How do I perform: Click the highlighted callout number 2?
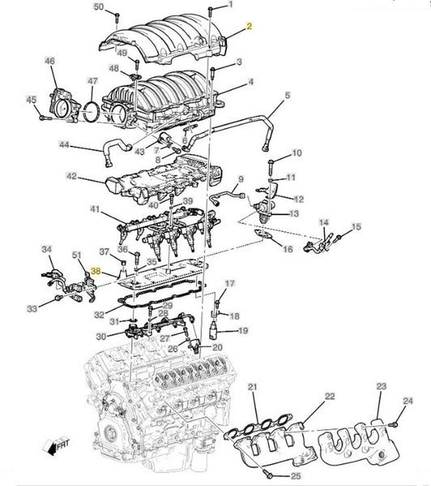click(x=250, y=26)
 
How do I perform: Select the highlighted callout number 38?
click(x=96, y=271)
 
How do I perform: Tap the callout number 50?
click(x=99, y=6)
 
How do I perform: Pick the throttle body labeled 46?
click(x=65, y=104)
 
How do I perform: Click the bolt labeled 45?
click(x=45, y=118)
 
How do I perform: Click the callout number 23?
click(x=382, y=386)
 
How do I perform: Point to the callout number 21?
click(x=253, y=386)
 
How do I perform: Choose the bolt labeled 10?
click(x=271, y=168)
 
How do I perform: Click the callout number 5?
click(x=288, y=95)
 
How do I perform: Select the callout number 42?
click(x=71, y=176)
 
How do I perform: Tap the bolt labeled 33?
click(x=58, y=298)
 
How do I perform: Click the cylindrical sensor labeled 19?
click(x=213, y=330)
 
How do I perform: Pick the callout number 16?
click(x=288, y=249)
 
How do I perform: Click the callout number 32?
click(x=99, y=314)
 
